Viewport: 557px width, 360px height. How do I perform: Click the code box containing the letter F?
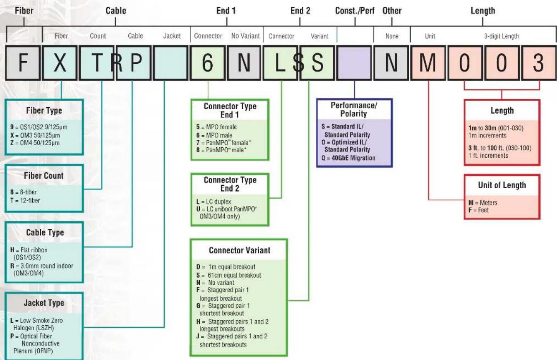tap(23, 62)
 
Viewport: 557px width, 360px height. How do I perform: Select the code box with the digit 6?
tap(208, 62)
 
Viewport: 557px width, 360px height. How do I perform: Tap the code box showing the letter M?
tap(428, 62)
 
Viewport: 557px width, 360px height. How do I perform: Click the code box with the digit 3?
tap(539, 62)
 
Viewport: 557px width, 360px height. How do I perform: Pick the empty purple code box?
tap(354, 62)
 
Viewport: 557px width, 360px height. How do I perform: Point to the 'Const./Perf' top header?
tap(355, 11)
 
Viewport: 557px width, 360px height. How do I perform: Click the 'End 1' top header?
tap(226, 11)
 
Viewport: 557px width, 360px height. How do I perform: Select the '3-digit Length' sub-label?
tap(501, 36)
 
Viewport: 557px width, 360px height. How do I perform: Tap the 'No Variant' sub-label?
tap(245, 36)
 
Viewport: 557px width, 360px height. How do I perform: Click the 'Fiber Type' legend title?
tap(44, 110)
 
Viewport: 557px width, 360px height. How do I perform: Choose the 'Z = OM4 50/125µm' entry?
tap(35, 143)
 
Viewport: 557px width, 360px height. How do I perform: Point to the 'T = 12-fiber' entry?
tap(25, 200)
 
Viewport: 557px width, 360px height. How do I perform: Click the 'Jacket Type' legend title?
tap(44, 303)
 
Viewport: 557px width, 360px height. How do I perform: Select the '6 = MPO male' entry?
tap(214, 135)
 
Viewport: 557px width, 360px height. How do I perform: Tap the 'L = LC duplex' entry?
tap(214, 202)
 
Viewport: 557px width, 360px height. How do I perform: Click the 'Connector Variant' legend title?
tap(240, 250)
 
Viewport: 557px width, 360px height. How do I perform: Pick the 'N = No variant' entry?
tap(215, 283)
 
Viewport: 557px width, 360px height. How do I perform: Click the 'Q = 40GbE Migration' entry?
tap(348, 158)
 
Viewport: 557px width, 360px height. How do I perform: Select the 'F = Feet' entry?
tap(478, 210)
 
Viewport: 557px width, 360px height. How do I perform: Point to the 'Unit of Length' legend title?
tap(502, 185)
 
